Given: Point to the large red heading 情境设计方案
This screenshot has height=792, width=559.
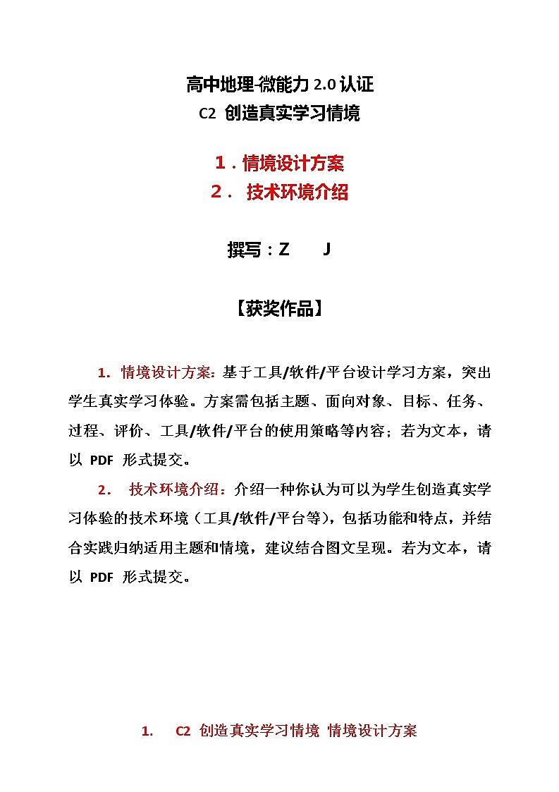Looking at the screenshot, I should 293,164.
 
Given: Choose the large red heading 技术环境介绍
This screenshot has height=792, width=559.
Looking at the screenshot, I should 297,193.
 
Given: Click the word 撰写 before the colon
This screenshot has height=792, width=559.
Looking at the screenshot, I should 244,250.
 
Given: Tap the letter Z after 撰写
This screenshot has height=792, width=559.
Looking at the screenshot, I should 284,250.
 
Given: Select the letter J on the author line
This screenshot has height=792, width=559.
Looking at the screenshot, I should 327,250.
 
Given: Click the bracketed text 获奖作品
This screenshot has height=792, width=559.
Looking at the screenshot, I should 280,309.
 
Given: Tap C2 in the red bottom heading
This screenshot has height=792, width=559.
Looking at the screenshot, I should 183,731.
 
